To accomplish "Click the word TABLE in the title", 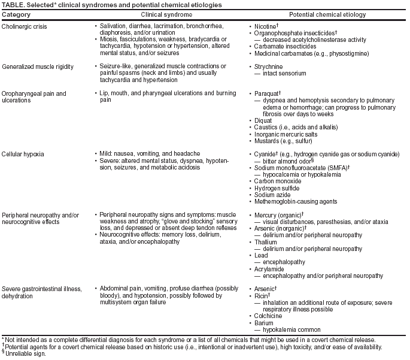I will click(x=13, y=4).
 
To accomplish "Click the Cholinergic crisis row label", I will click(x=26, y=27).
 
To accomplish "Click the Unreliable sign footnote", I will click(x=22, y=353).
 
